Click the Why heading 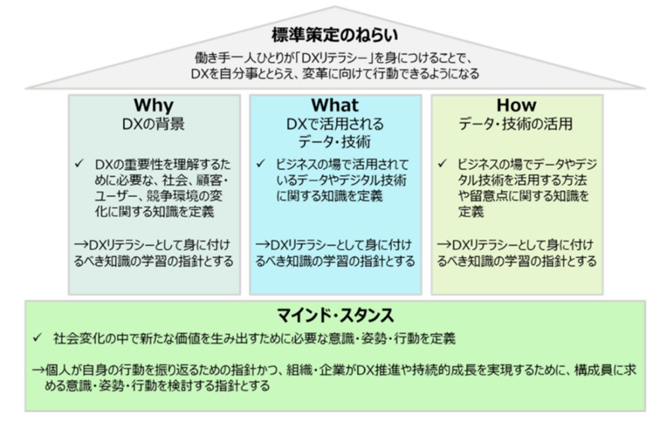coord(153,105)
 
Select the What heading coord(334,105)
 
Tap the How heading coord(516,105)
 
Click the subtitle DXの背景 coord(153,123)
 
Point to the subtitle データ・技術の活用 coord(516,123)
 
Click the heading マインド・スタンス coord(334,316)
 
